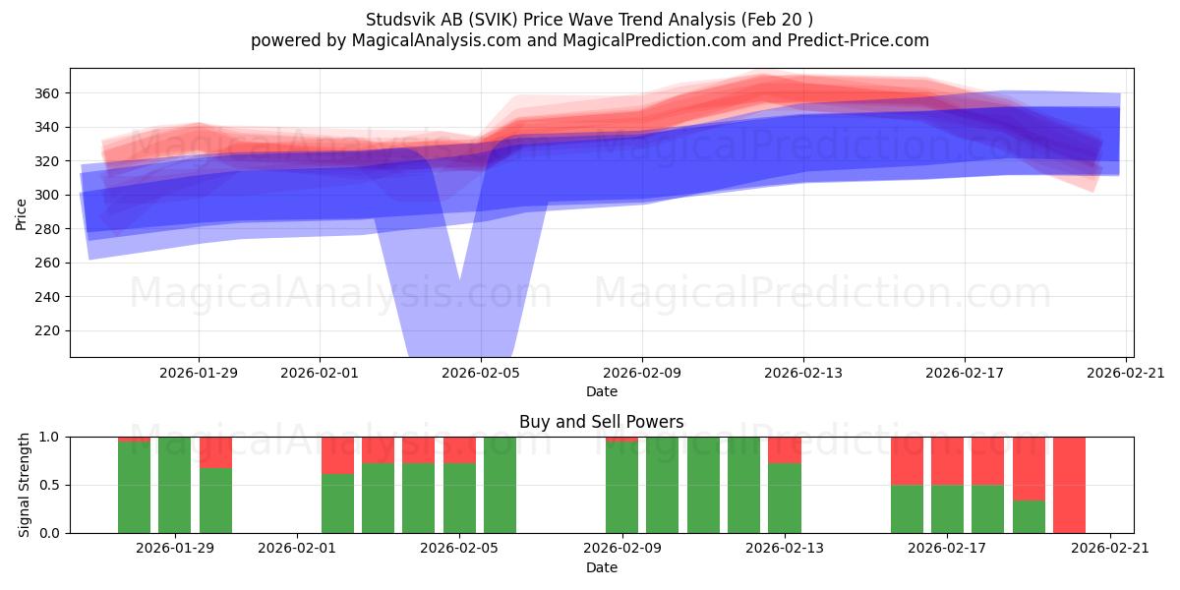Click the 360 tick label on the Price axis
click(46, 93)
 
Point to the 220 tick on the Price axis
click(46, 330)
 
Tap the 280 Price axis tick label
click(46, 229)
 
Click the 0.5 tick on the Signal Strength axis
click(49, 485)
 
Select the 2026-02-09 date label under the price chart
click(642, 373)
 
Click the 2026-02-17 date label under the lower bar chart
click(947, 548)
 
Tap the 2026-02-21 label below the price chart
click(1126, 373)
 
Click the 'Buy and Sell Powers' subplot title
click(602, 422)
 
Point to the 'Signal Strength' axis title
click(24, 485)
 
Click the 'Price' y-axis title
click(21, 214)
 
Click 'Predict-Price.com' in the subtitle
click(858, 40)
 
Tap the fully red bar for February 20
click(1070, 485)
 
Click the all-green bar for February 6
click(500, 485)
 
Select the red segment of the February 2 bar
click(337, 455)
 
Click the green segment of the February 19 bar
click(1029, 517)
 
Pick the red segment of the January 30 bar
click(215, 452)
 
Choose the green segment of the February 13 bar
click(785, 499)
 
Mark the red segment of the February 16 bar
click(907, 461)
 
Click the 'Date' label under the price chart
click(602, 391)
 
